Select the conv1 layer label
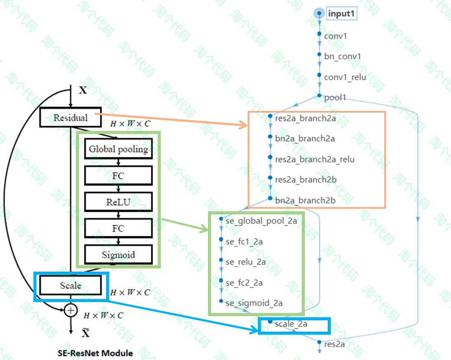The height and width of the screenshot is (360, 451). pos(335,36)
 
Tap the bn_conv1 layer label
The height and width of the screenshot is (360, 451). pos(342,56)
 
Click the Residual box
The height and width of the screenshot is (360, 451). pos(71,118)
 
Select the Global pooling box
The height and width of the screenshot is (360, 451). pos(118,149)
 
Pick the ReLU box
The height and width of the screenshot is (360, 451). pos(118,202)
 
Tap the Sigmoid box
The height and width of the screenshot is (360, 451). pos(118,254)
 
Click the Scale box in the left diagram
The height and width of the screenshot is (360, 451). pos(71,286)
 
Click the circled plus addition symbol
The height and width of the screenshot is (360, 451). pos(71,310)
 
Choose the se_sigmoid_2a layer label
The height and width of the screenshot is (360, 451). pos(254,303)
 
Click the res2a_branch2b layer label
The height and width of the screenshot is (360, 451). pos(306,180)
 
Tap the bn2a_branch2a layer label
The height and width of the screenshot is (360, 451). pos(305,139)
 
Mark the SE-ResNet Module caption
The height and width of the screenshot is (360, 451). pos(95,353)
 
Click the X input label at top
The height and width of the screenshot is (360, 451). pos(83,90)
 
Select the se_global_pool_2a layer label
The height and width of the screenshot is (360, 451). pos(261,221)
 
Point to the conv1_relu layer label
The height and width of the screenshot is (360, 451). pos(345,77)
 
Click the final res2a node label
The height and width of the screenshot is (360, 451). pos(334,344)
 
